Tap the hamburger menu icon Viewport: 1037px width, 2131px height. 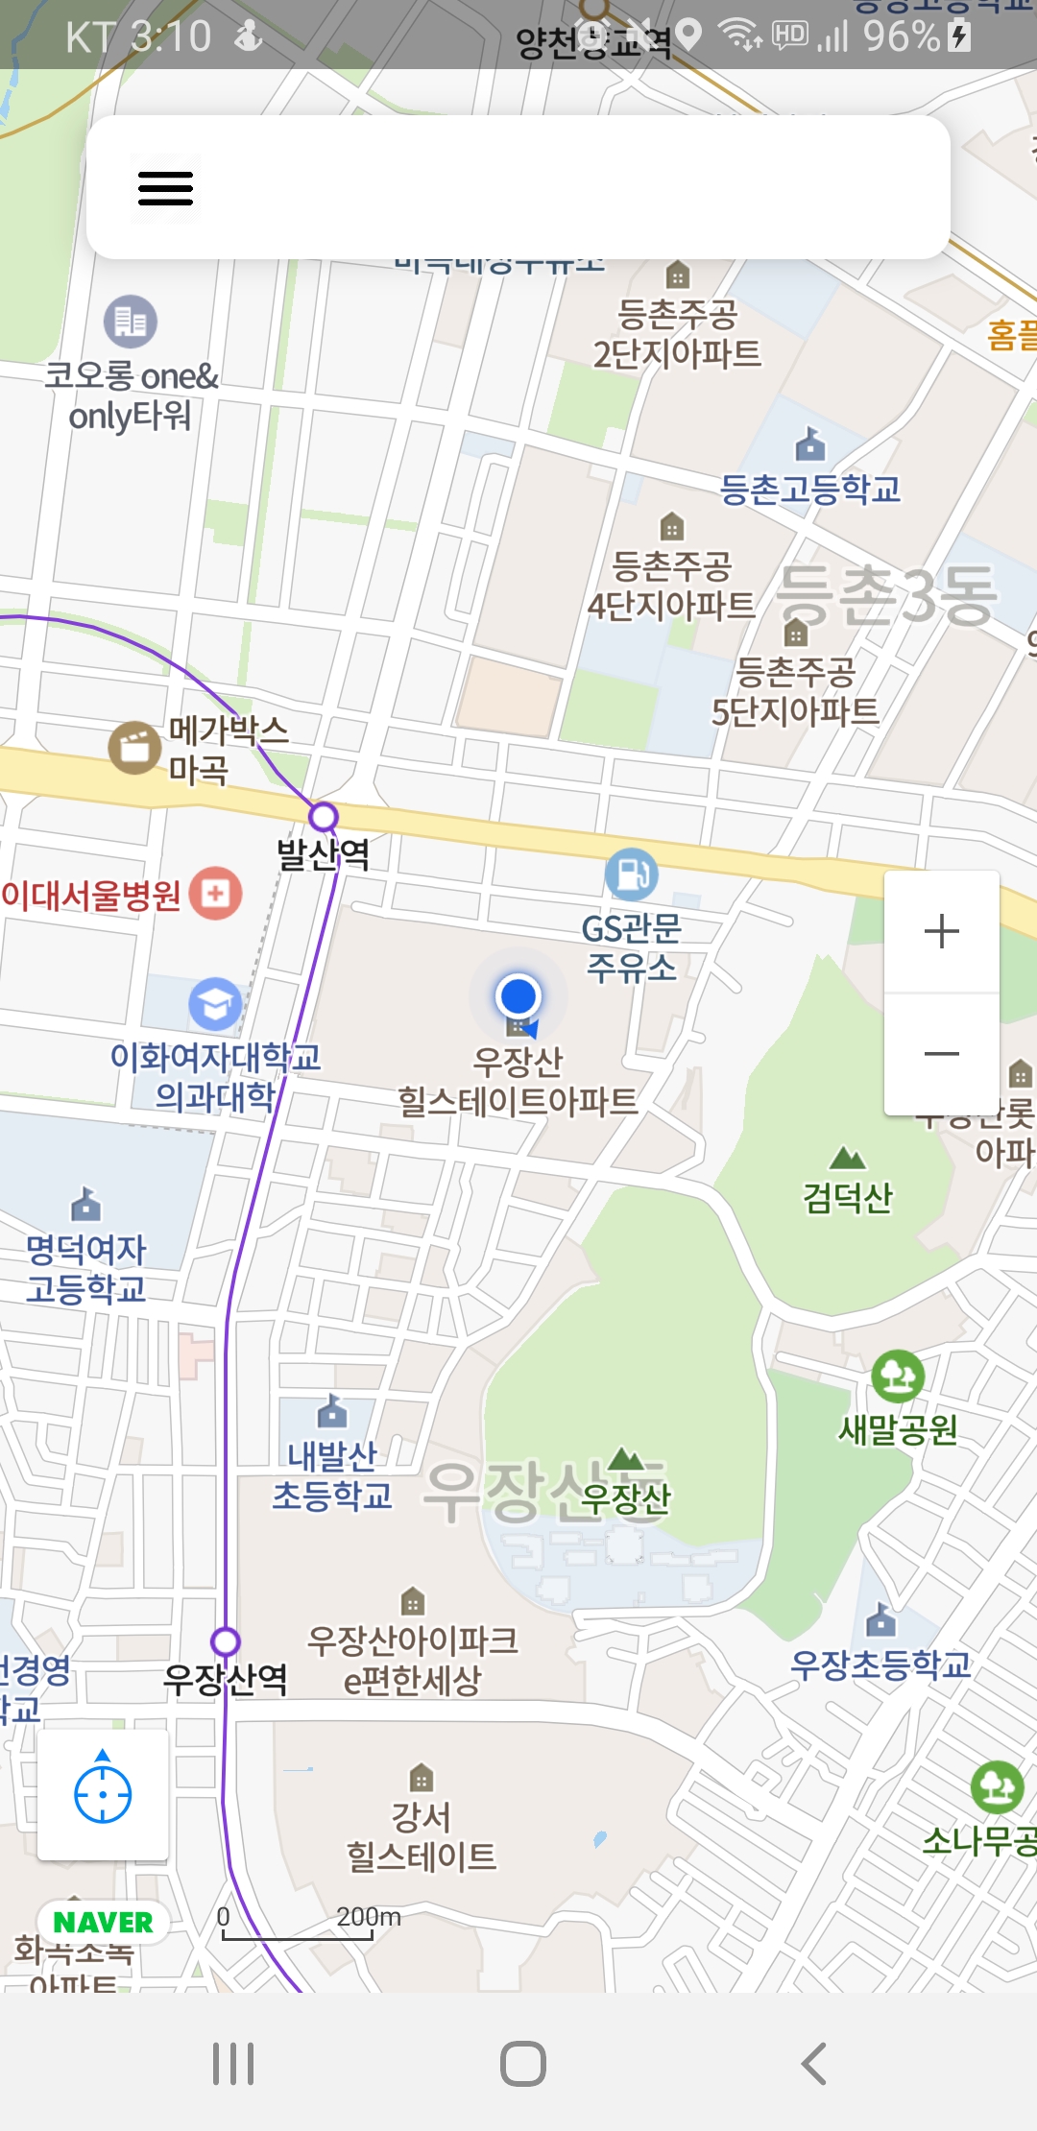coord(165,188)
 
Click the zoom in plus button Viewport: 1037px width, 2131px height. coord(941,931)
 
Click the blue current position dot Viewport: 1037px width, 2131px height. coord(518,996)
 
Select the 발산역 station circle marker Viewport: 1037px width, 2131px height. coord(324,817)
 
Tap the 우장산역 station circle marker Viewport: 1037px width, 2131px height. coord(226,1641)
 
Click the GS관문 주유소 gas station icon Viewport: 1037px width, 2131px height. coord(631,874)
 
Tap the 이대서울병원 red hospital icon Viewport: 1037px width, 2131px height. coord(216,894)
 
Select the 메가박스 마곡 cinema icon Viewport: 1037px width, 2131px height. coord(134,747)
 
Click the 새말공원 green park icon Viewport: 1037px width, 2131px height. coord(898,1376)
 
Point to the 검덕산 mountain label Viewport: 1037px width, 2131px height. coord(848,1197)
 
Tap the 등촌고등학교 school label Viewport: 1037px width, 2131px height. coord(810,490)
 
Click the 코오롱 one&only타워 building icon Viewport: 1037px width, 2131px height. coord(131,322)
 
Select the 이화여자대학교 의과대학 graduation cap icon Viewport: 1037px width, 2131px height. coord(215,1004)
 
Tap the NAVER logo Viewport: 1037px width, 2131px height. coord(103,1922)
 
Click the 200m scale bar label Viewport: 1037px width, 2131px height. coord(368,1917)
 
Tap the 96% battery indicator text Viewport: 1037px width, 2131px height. coord(901,36)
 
